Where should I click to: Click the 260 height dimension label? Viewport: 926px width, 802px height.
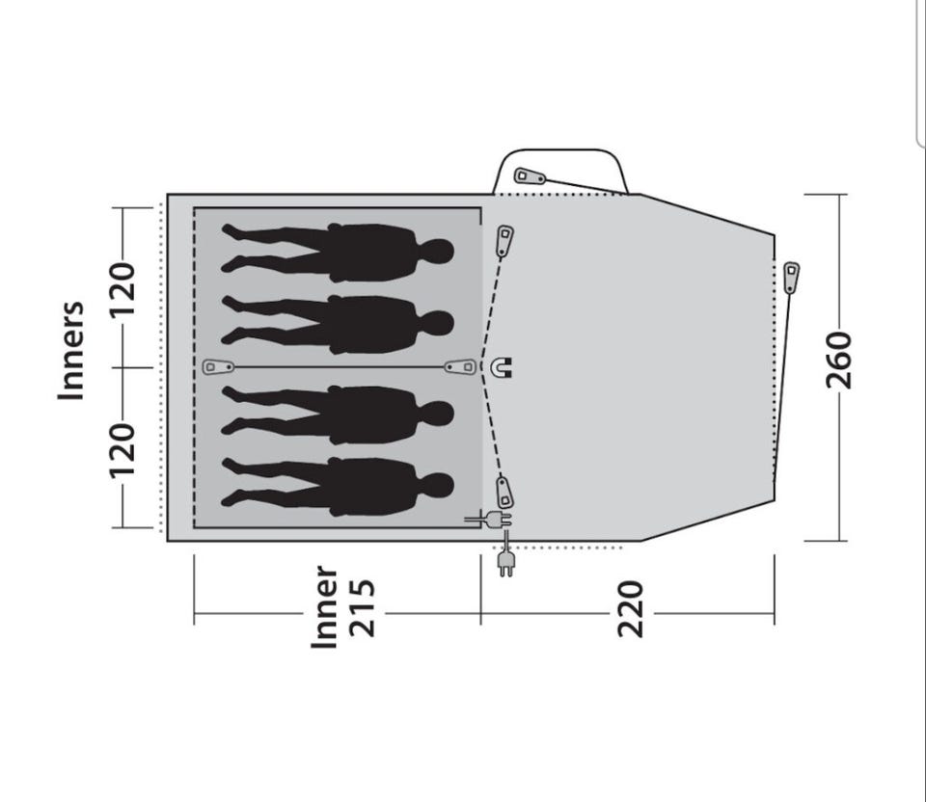point(839,360)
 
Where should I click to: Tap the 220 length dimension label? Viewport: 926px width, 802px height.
point(630,609)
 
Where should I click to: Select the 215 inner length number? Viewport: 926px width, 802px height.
point(362,609)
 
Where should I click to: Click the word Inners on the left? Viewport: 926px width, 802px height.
point(71,351)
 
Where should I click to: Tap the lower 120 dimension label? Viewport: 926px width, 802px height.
point(123,450)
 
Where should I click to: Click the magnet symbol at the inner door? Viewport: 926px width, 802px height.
point(502,367)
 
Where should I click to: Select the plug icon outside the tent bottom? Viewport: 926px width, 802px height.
point(505,562)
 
